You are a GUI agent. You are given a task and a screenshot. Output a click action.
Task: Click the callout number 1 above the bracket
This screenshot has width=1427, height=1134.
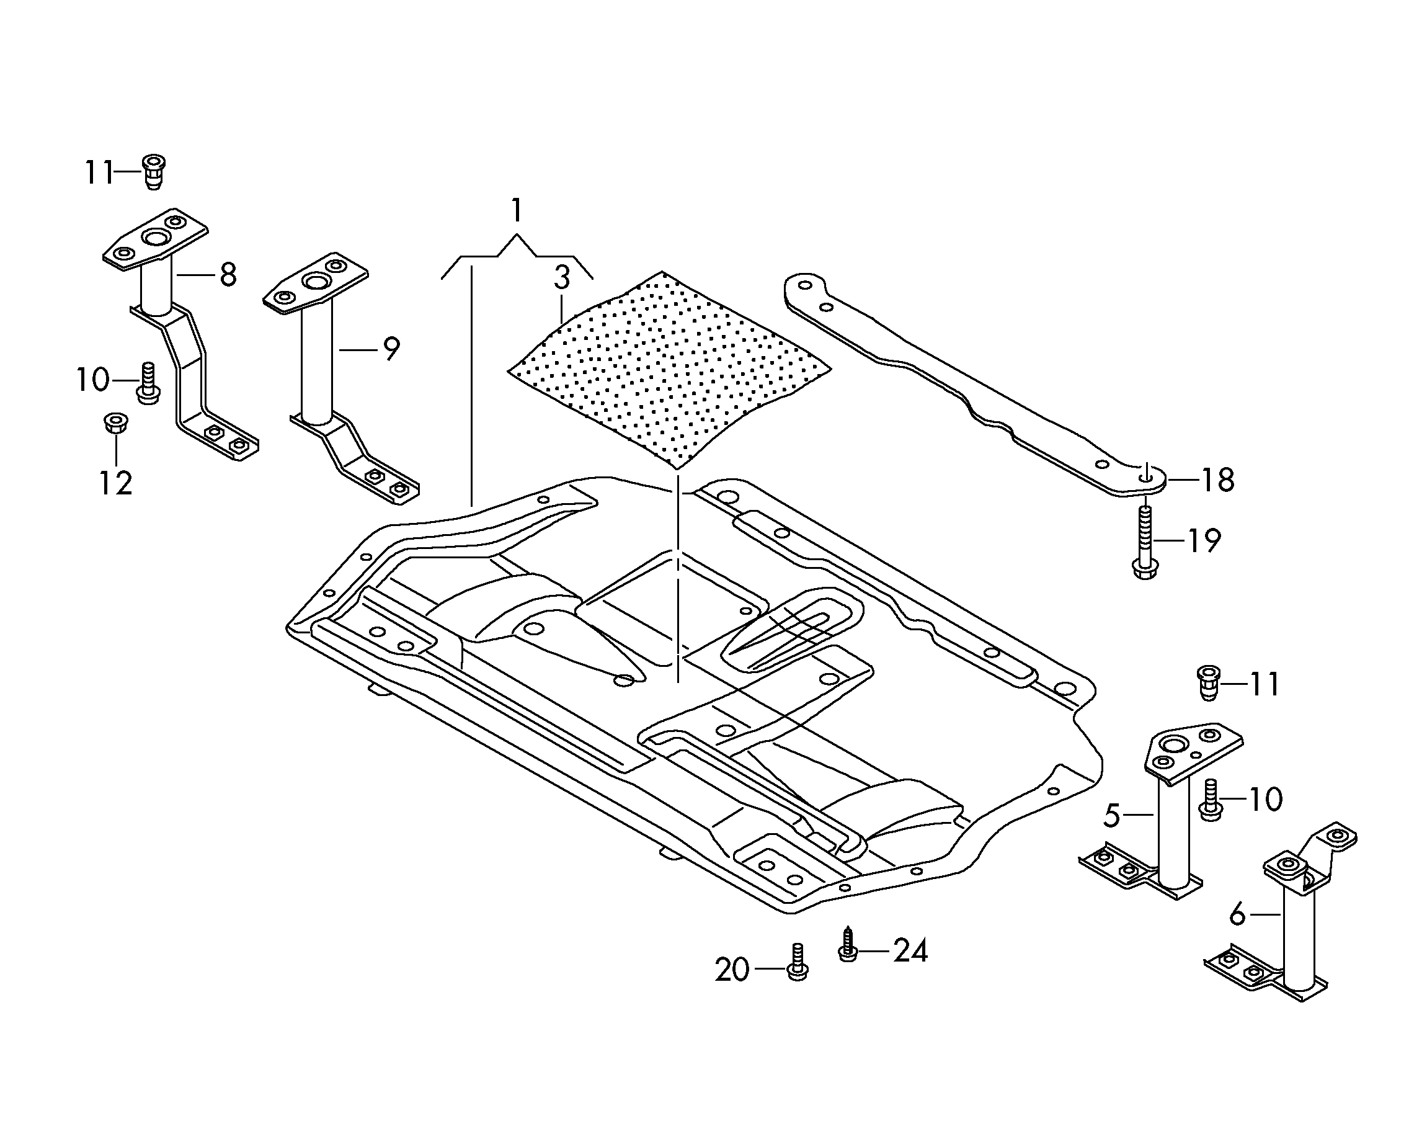click(x=517, y=210)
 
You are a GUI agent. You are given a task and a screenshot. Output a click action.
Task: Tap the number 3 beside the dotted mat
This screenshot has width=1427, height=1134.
click(x=562, y=278)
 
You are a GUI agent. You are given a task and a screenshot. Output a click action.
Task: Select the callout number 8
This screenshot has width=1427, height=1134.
click(x=228, y=275)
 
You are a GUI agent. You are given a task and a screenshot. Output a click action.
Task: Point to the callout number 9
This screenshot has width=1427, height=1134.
click(x=392, y=349)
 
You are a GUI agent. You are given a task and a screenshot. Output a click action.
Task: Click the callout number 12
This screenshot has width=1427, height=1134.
click(x=116, y=483)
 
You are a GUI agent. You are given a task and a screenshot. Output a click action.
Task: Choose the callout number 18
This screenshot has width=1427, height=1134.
click(x=1218, y=480)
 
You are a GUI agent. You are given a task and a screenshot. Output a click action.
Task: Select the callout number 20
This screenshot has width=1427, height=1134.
click(x=732, y=970)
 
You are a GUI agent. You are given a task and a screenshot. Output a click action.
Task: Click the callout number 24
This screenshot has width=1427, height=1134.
click(x=911, y=950)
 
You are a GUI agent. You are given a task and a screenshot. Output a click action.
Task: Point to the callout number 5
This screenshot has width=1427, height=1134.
click(x=1112, y=816)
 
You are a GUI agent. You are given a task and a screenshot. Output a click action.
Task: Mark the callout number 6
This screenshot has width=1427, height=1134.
click(x=1238, y=914)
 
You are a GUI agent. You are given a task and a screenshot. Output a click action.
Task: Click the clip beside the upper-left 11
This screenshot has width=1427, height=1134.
click(x=154, y=171)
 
